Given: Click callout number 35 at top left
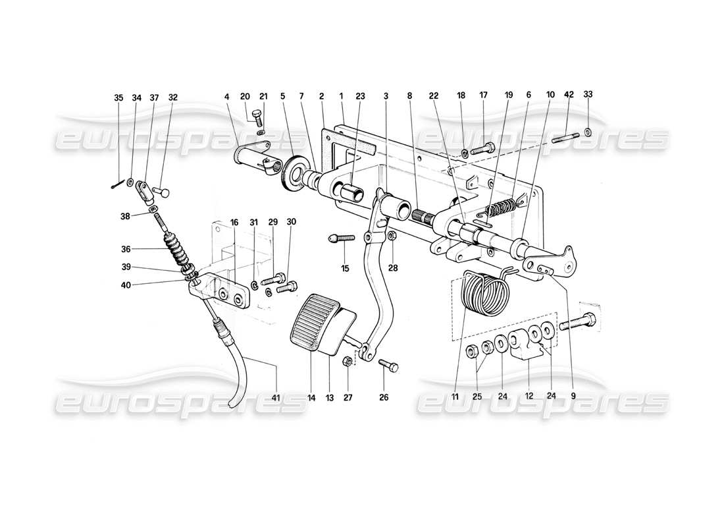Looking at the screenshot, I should point(118,98).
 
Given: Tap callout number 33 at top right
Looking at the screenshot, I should point(588,94).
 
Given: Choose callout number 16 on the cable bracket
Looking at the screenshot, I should point(234,223).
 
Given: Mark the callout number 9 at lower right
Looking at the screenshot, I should point(572,397).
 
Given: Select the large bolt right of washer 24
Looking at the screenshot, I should point(579,324).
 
